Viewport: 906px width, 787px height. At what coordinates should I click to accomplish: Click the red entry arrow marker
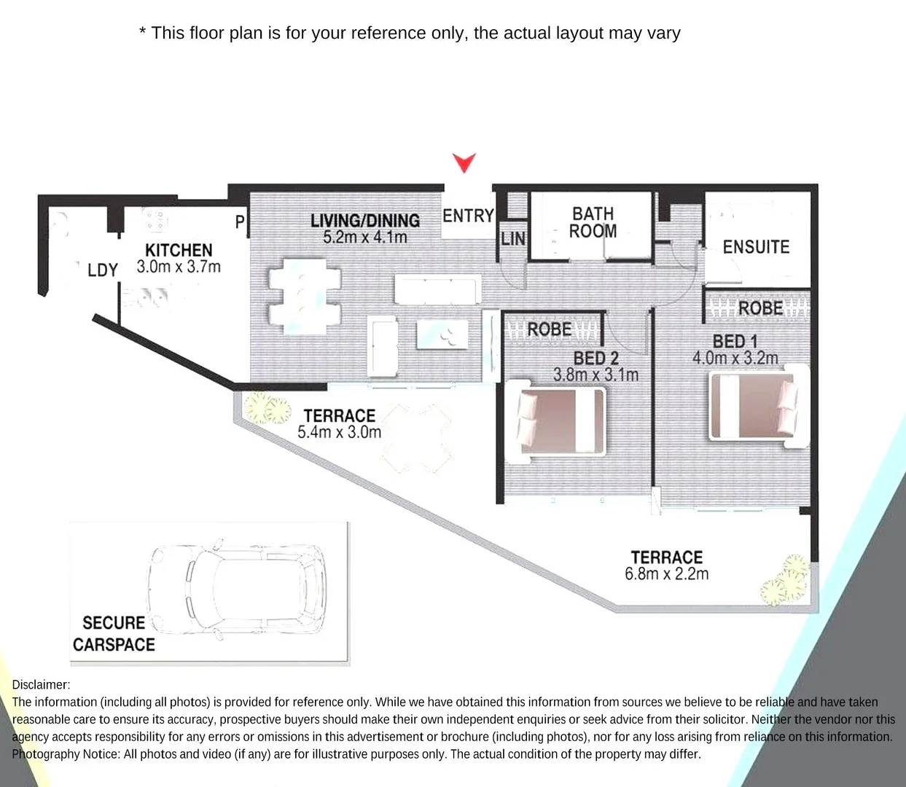(x=464, y=163)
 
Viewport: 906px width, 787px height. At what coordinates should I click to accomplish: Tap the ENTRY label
(x=468, y=216)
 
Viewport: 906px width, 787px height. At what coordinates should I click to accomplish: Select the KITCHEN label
(x=179, y=251)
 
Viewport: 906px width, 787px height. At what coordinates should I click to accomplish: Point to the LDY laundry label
(x=102, y=270)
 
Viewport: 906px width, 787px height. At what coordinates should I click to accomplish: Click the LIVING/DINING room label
(x=365, y=221)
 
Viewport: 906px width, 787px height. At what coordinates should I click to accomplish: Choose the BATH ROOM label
(x=593, y=222)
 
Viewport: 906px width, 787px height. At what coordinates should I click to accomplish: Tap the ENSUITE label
(x=756, y=247)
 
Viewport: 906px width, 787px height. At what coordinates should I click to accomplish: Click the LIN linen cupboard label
(x=513, y=238)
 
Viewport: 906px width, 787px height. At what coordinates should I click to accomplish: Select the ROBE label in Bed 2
(x=550, y=330)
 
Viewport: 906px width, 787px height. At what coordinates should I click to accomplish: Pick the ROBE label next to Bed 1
(x=760, y=308)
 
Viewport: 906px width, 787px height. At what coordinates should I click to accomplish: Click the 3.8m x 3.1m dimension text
(x=595, y=375)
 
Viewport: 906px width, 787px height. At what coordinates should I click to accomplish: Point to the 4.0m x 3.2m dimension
(x=735, y=358)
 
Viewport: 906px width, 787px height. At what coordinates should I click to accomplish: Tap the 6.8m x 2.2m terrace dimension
(x=666, y=573)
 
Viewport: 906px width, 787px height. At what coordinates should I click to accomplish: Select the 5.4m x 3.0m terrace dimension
(x=339, y=431)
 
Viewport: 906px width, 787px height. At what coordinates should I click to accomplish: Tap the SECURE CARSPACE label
(x=114, y=633)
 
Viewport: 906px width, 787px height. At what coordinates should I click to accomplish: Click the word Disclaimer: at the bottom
(x=41, y=684)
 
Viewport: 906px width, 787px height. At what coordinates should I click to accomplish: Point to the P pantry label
(x=240, y=222)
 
